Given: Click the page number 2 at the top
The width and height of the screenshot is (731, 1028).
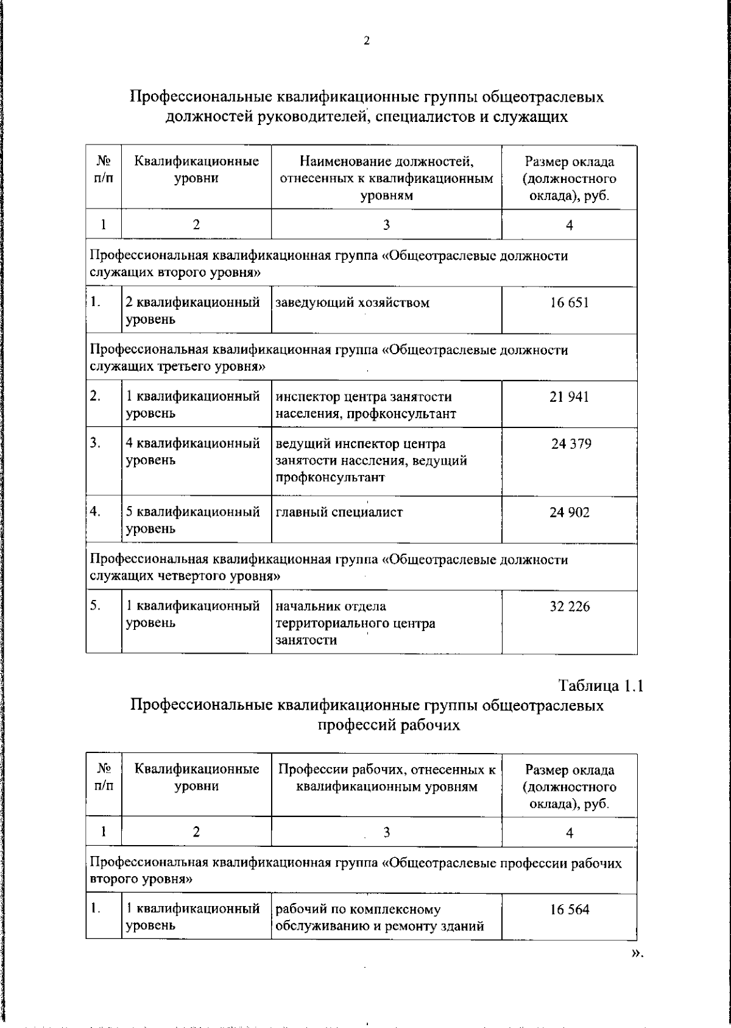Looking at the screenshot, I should [x=366, y=41].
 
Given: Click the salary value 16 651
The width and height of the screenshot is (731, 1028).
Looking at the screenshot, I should [x=569, y=302].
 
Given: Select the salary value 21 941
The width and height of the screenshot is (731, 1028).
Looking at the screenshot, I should [x=569, y=397].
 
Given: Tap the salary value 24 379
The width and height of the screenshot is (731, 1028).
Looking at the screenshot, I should [x=571, y=444].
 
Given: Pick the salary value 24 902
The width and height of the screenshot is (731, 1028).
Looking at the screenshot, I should [x=569, y=513].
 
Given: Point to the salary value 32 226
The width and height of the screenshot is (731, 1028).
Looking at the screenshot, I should [x=569, y=607].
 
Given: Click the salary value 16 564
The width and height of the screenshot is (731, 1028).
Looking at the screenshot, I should [x=569, y=910].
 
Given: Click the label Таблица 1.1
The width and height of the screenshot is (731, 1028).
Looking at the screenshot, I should [x=601, y=685].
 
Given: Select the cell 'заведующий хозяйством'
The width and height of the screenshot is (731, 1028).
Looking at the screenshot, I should [x=353, y=302].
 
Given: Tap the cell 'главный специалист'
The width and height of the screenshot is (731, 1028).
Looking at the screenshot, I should [x=339, y=513].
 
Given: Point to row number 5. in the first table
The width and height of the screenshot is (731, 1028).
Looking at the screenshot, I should [x=96, y=605].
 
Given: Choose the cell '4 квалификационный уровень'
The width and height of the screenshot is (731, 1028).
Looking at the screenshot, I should [x=193, y=452].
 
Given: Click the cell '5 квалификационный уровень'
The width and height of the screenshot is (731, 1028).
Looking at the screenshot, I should [x=193, y=520].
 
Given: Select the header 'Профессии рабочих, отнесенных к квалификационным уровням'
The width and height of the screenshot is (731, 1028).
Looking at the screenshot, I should [x=386, y=778].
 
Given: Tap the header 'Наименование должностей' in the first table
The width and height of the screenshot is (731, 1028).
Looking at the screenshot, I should [x=386, y=162].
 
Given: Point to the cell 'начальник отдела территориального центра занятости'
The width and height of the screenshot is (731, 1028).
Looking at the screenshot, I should [x=355, y=623].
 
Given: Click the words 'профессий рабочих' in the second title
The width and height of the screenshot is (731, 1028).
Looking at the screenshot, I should [x=388, y=725].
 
